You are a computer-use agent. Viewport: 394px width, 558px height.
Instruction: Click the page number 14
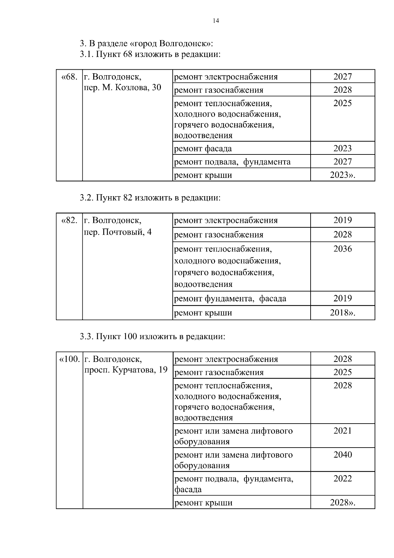(216, 21)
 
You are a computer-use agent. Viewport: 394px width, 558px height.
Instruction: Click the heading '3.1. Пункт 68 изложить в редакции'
(150, 54)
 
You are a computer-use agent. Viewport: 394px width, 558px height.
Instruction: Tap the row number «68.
(69, 77)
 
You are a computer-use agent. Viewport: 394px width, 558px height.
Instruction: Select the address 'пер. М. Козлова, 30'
(123, 88)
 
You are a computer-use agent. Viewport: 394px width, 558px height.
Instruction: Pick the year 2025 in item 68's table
(342, 103)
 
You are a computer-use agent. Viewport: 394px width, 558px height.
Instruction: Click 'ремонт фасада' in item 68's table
(203, 149)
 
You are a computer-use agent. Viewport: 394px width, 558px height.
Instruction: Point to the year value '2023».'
(342, 175)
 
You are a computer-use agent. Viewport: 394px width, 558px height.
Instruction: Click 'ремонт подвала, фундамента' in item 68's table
(232, 162)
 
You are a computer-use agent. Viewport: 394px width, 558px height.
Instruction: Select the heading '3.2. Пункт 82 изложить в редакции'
(150, 198)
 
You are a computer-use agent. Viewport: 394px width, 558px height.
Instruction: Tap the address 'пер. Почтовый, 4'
(118, 232)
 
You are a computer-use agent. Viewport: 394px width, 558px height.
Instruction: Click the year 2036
(342, 249)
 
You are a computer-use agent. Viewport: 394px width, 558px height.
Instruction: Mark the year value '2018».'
(342, 313)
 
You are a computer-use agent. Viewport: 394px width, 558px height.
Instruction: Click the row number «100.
(69, 359)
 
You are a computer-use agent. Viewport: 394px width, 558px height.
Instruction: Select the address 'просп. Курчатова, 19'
(126, 370)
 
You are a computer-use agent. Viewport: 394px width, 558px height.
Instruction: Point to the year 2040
(342, 455)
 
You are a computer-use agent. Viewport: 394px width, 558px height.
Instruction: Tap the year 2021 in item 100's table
(342, 431)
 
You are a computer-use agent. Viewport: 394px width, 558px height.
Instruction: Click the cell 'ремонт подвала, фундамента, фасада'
(233, 484)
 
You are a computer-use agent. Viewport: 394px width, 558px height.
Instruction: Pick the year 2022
(342, 479)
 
